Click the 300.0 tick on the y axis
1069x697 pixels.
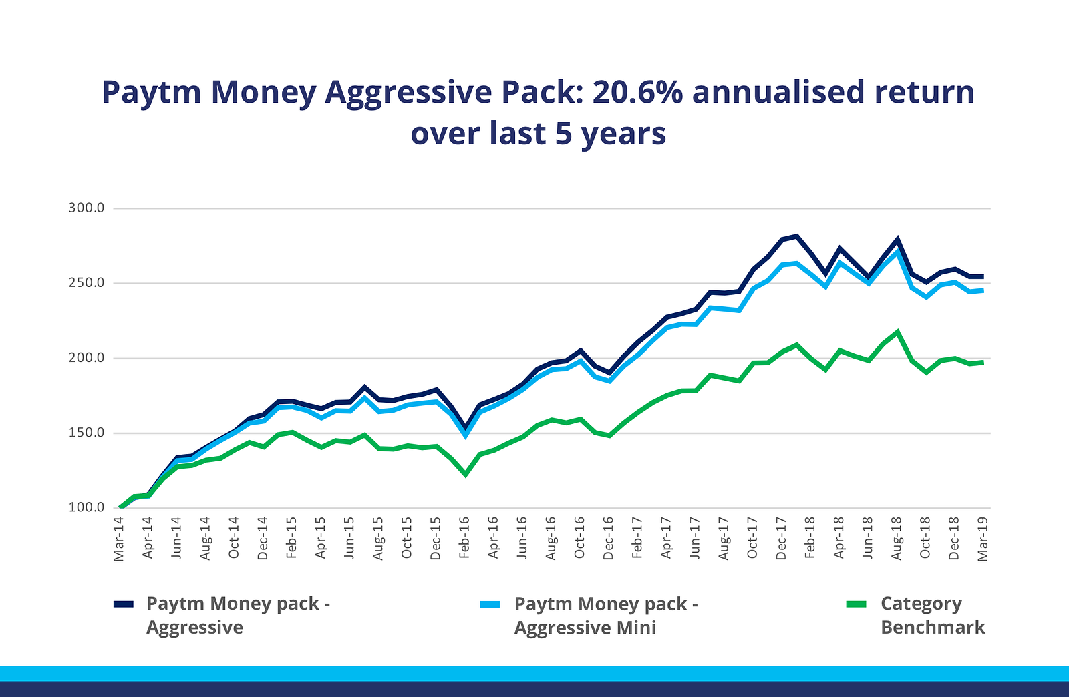pyautogui.click(x=86, y=208)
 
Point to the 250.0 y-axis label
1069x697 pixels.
pyautogui.click(x=86, y=283)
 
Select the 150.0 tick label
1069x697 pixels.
pyautogui.click(x=86, y=433)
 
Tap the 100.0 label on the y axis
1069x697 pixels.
pyautogui.click(x=86, y=507)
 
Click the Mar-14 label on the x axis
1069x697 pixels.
pyautogui.click(x=119, y=538)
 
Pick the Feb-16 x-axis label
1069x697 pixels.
pyautogui.click(x=464, y=538)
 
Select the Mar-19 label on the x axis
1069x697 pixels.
pyautogui.click(x=983, y=538)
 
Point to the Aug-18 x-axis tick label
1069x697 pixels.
pyautogui.click(x=897, y=538)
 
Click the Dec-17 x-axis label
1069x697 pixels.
pyautogui.click(x=781, y=538)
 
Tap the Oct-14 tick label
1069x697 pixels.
pyautogui.click(x=234, y=538)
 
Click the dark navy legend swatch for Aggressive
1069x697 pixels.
pyautogui.click(x=124, y=604)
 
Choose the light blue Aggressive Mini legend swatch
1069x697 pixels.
pyautogui.click(x=490, y=604)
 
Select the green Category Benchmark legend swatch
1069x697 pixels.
pyautogui.click(x=856, y=604)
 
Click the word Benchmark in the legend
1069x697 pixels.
pyautogui.click(x=933, y=628)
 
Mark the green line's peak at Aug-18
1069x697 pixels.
pyautogui.click(x=897, y=332)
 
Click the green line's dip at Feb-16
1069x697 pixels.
pyautogui.click(x=465, y=475)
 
